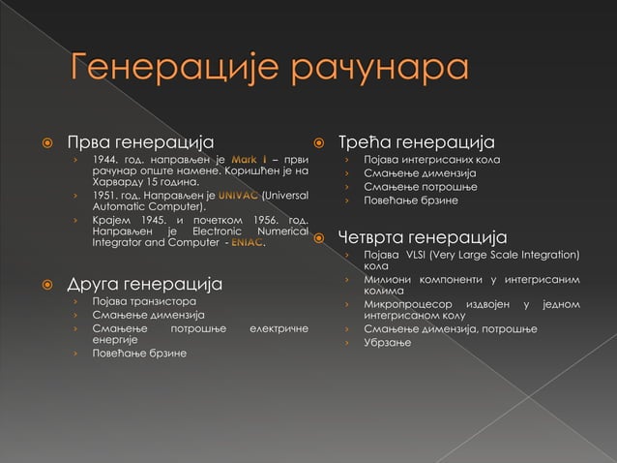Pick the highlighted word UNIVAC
[238, 195]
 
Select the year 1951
[106, 195]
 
